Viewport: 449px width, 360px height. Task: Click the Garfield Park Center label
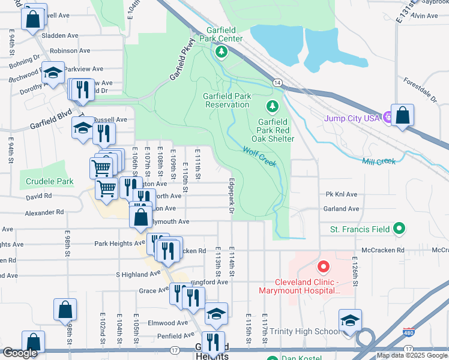point(224,34)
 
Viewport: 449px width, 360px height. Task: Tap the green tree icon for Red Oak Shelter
point(273,106)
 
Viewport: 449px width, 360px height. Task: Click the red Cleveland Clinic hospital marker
point(323,266)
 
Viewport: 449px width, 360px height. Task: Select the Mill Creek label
point(379,161)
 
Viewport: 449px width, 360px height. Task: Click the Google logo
point(19,353)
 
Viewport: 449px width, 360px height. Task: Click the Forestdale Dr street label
point(420,89)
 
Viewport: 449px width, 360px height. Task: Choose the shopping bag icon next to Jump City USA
point(402,115)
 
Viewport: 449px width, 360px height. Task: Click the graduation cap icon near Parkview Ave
point(53,73)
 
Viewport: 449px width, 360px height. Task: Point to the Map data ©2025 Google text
point(412,355)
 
